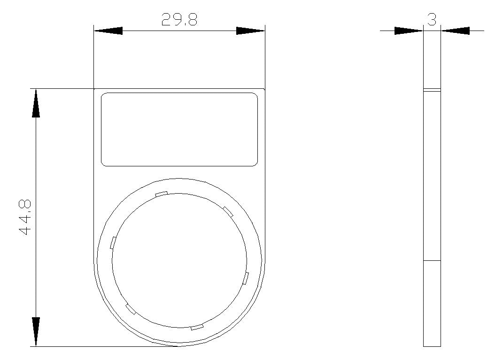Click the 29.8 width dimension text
179,20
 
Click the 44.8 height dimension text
25,218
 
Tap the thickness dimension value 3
432,20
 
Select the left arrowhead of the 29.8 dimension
108,31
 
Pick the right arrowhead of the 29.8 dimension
250,31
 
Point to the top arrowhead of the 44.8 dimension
36,103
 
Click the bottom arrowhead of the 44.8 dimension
36,332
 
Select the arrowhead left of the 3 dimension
409,31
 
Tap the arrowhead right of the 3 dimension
456,31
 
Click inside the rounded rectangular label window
179,129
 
